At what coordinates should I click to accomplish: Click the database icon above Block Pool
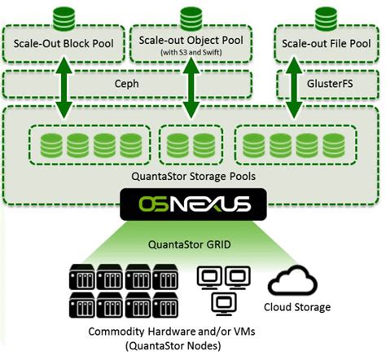click(64, 17)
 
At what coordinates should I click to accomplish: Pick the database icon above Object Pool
click(192, 17)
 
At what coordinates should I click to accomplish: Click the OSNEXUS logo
click(192, 204)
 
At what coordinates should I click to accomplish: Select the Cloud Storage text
click(298, 307)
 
